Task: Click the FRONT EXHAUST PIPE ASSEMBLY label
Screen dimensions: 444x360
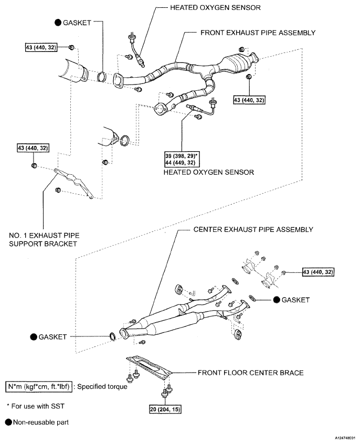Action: pos(258,33)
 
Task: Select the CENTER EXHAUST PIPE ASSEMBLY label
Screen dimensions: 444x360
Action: pos(253,230)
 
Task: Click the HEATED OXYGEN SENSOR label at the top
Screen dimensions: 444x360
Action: pos(208,8)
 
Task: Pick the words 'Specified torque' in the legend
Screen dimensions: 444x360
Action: pos(108,388)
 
